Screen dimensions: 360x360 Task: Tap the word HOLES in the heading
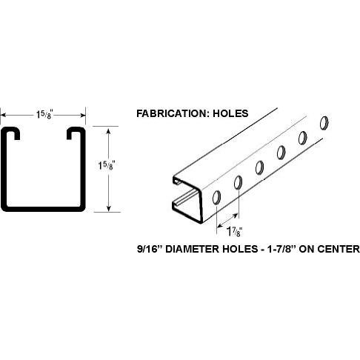[230, 113]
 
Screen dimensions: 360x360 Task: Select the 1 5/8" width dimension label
[44, 115]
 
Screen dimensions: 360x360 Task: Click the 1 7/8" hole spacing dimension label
[234, 232]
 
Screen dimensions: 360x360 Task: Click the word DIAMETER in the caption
[193, 249]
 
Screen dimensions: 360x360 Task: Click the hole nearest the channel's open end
[216, 198]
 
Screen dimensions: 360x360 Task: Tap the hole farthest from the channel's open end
[324, 123]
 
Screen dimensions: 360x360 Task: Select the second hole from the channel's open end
[238, 182]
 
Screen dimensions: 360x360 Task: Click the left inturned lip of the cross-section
[12, 133]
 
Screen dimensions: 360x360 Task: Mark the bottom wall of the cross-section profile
[43, 209]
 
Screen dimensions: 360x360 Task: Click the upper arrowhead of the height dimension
[108, 130]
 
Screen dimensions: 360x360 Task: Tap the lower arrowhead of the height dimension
[108, 208]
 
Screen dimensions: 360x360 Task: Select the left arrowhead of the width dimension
[4, 115]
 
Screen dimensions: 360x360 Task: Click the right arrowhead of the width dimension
[82, 115]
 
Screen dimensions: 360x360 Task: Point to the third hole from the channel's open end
[259, 167]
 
